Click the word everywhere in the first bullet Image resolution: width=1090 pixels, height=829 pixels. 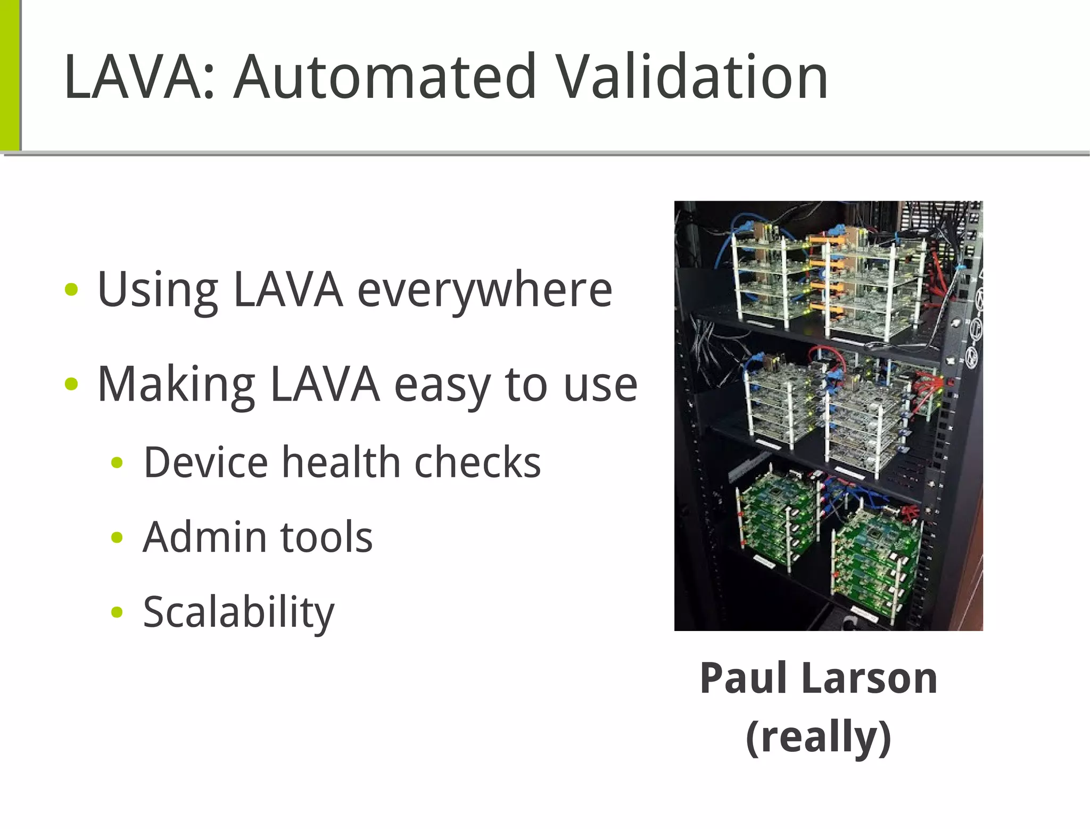point(484,291)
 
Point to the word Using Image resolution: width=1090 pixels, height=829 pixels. point(158,291)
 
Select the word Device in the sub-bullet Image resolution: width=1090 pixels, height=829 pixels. point(205,462)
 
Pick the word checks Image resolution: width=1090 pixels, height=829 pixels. point(477,462)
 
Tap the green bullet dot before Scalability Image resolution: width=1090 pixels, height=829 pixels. point(117,612)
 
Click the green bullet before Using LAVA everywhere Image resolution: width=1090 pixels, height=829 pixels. point(71,290)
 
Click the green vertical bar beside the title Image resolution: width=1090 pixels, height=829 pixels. point(10,74)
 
